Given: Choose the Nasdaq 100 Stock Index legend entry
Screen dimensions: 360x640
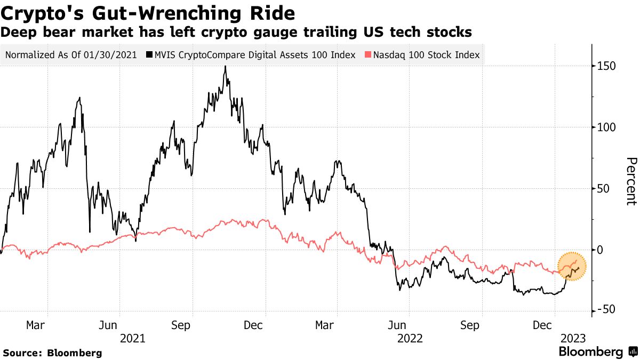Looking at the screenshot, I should tap(426, 55).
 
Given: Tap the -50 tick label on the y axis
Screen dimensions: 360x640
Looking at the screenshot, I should tap(605, 311).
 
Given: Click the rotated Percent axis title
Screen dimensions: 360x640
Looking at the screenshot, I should tap(631, 181).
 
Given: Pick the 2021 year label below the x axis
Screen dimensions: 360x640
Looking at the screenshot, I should tap(132, 338).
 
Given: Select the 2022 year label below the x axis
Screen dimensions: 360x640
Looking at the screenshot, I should tap(409, 338).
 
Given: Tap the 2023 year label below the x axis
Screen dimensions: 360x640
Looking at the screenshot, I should tap(573, 338).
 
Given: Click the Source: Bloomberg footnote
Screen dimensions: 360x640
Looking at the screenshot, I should tap(52, 353).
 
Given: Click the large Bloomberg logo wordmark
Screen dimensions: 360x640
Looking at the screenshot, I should tap(590, 352).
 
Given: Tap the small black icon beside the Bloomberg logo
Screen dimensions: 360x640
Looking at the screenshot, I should tap(632, 352).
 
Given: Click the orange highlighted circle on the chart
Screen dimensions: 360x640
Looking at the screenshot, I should tap(572, 265).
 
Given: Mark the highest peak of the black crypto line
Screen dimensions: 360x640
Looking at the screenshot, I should tap(225, 67).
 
